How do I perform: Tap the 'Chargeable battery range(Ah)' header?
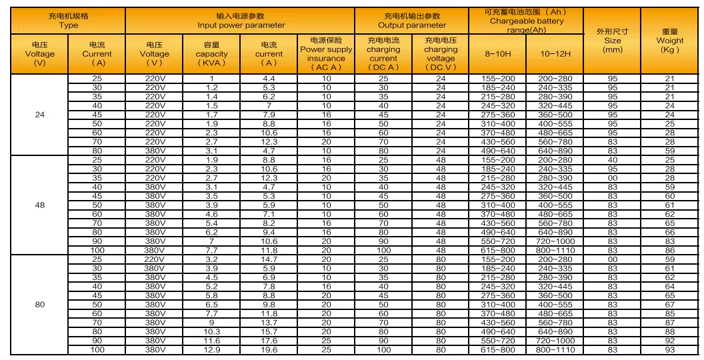coord(526,21)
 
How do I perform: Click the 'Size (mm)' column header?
coord(612,40)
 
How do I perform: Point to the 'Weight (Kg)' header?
coord(669,40)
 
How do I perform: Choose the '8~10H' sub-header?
coord(497,53)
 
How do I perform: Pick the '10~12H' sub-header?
coord(555,53)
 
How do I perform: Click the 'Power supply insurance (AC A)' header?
coord(326,53)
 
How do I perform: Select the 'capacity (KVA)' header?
coord(211,53)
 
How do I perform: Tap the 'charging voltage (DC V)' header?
coord(441,53)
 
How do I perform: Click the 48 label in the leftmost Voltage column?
coord(39,205)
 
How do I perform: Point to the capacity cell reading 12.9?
coord(211,349)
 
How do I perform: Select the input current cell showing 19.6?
coord(269,349)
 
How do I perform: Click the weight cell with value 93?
coord(669,349)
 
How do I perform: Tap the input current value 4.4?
coord(269,79)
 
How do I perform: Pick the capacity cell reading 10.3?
coord(211,331)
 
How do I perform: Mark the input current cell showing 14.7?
coord(269,259)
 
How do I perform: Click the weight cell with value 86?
coord(669,250)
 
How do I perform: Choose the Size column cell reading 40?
coord(612,160)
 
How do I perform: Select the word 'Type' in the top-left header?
coord(68,25)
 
